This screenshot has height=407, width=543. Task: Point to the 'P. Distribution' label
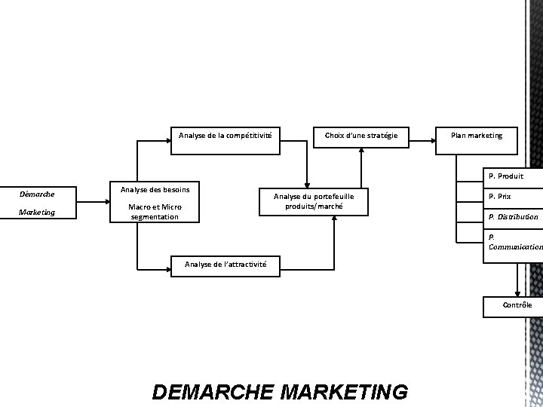click(513, 217)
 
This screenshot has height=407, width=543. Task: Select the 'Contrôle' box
click(517, 304)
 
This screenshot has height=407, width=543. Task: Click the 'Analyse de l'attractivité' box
click(225, 264)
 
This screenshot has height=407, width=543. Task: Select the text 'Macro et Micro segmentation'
click(155, 212)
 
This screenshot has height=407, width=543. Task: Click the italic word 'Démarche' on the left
click(36, 194)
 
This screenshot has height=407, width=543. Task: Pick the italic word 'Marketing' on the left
click(37, 212)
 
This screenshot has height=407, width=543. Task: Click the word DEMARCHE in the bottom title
click(213, 392)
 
